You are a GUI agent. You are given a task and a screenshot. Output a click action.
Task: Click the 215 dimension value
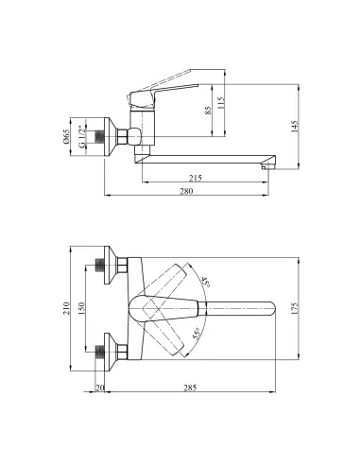(x=195, y=178)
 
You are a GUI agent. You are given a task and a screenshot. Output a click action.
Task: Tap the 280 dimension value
(x=186, y=191)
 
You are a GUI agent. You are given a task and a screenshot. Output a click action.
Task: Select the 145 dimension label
(x=295, y=127)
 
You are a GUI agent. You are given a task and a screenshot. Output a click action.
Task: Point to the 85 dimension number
(x=208, y=111)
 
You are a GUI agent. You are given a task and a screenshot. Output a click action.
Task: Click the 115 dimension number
(x=221, y=103)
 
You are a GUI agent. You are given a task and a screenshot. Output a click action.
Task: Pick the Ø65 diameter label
(x=66, y=137)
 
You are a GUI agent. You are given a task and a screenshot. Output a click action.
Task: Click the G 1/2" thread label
(x=81, y=137)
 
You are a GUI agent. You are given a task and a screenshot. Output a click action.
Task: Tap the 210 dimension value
(x=66, y=308)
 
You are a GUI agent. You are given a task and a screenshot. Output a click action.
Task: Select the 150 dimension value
(x=81, y=308)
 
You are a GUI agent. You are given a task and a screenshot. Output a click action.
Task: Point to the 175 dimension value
(x=295, y=309)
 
